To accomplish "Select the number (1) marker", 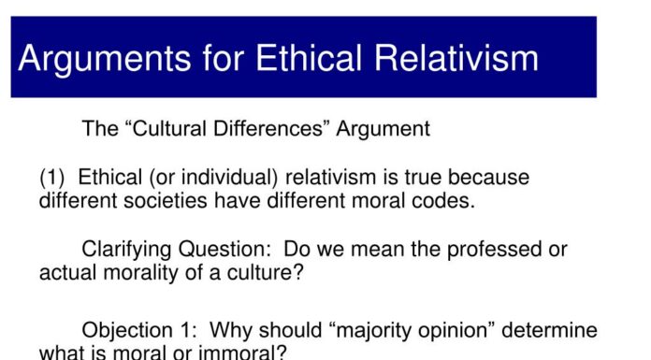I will [53, 178].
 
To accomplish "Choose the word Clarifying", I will [126, 251].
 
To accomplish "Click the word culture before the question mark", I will [272, 273].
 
